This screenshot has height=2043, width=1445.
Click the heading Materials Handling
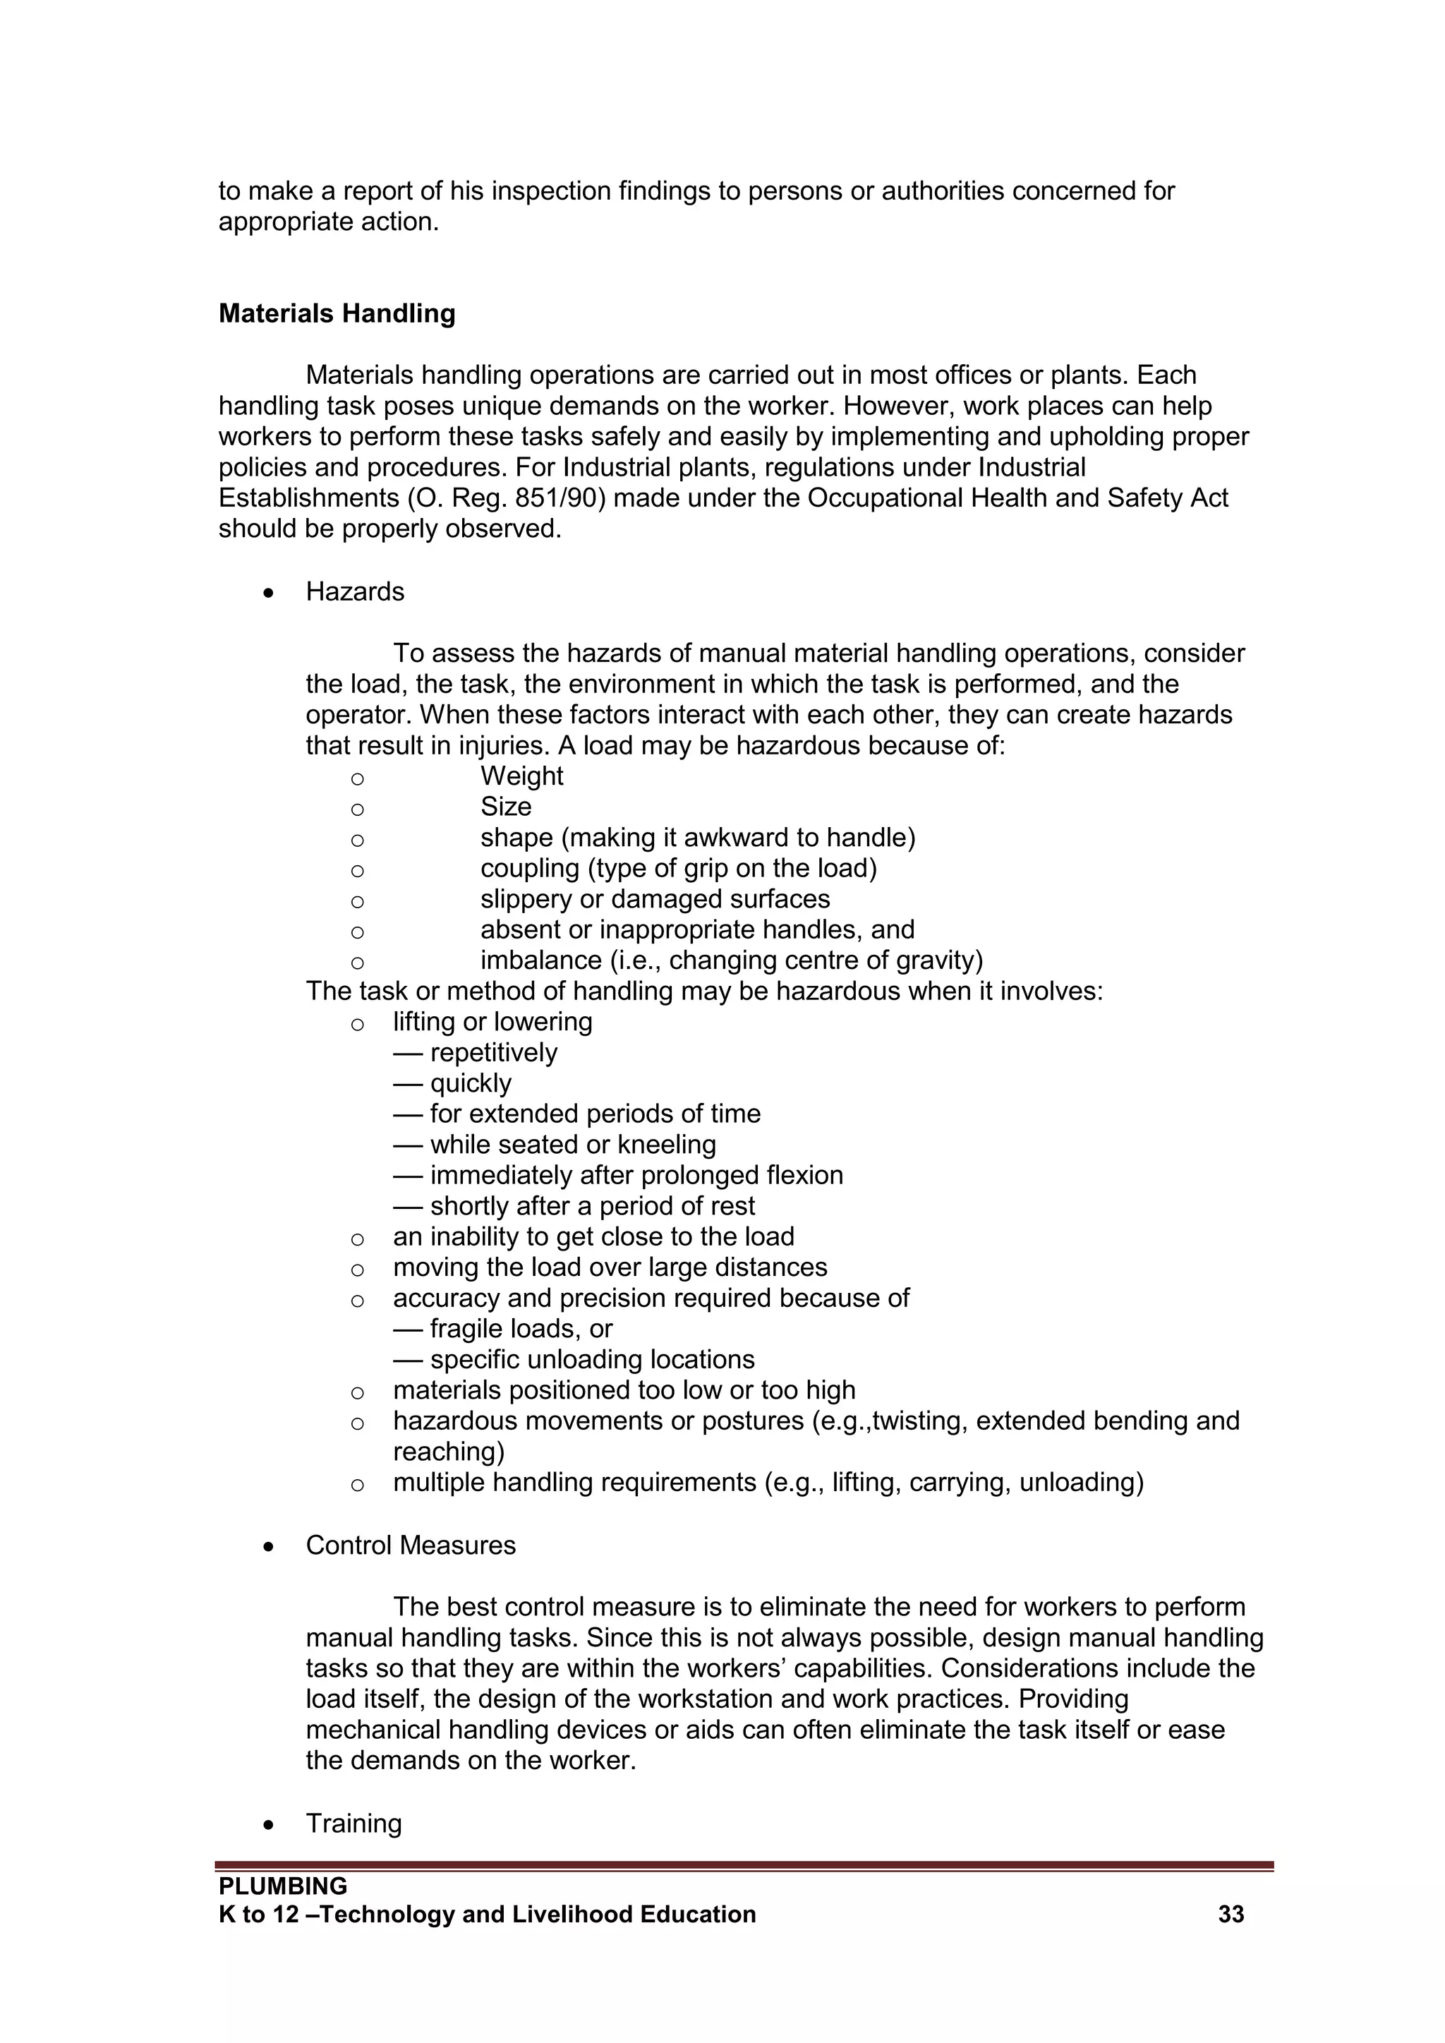tap(337, 313)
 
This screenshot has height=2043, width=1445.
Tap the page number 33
tap(1231, 1914)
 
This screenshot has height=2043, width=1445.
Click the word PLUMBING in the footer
tap(283, 1886)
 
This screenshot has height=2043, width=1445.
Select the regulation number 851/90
tap(560, 498)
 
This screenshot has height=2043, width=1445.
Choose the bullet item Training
tap(353, 1824)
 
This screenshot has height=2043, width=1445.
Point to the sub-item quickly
tap(470, 1083)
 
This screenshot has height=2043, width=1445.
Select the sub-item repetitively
tap(493, 1053)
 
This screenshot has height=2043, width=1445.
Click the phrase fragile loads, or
tap(521, 1329)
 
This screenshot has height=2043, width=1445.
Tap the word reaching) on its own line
tap(449, 1452)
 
